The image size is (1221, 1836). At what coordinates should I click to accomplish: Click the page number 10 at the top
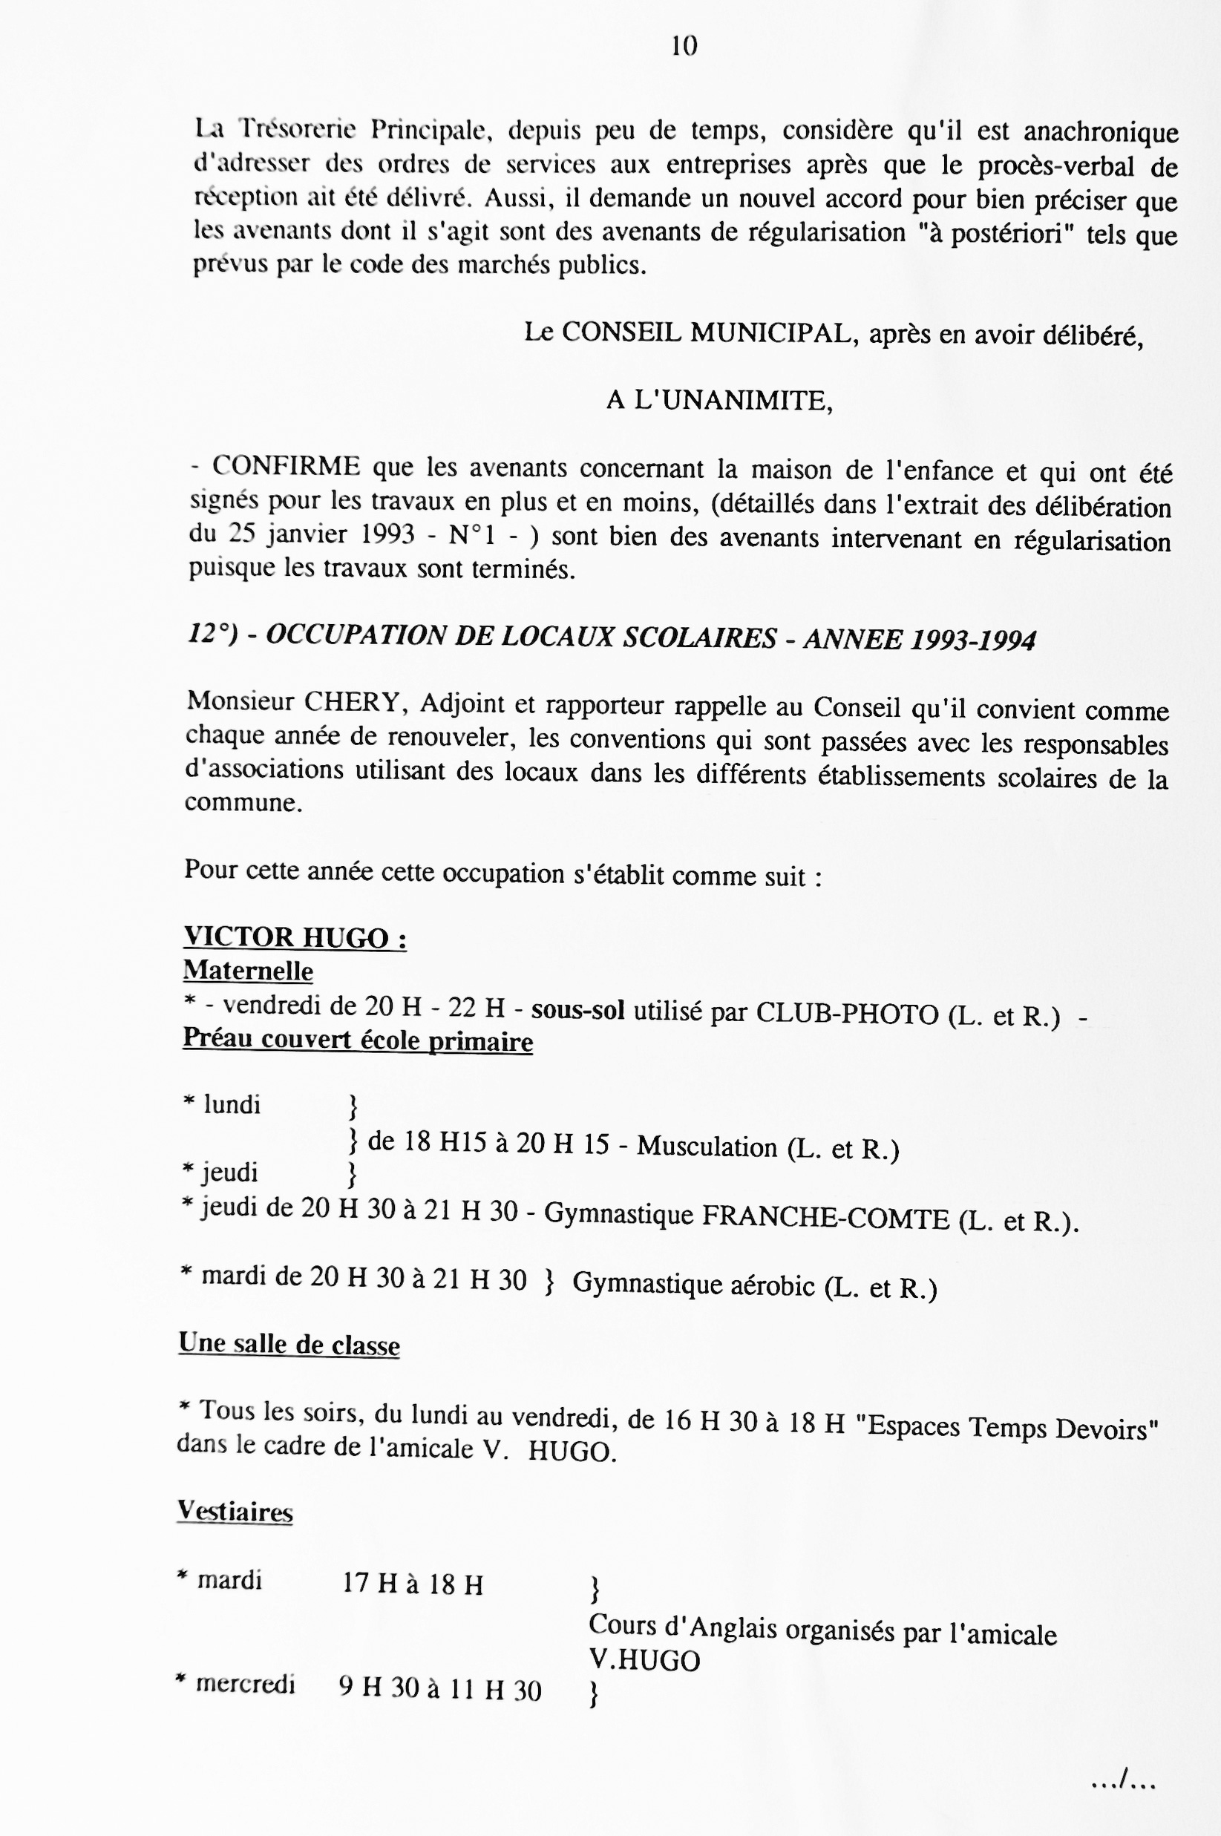(x=684, y=47)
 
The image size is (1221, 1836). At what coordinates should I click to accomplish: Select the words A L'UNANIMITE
(x=718, y=401)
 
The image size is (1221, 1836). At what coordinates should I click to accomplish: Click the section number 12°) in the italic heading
(x=212, y=634)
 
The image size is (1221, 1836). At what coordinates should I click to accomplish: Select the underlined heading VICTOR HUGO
(x=295, y=937)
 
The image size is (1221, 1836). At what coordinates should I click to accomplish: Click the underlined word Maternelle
(x=248, y=971)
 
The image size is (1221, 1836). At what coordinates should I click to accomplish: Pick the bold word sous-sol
(x=577, y=1011)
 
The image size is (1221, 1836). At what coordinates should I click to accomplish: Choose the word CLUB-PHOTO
(x=847, y=1014)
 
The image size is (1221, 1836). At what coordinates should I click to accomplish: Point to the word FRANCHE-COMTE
(x=825, y=1217)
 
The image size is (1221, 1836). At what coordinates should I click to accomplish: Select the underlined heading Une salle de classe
(x=289, y=1344)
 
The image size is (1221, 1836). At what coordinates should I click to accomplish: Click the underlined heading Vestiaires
(x=235, y=1511)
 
